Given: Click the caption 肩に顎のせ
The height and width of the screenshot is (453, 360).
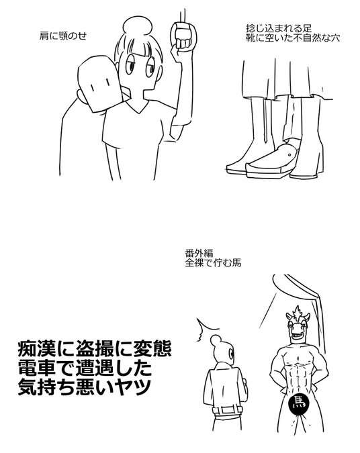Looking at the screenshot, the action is [x=63, y=36].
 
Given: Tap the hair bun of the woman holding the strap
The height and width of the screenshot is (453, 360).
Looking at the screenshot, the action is [x=138, y=26].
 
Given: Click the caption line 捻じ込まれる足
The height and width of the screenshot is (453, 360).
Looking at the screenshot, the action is [x=279, y=29].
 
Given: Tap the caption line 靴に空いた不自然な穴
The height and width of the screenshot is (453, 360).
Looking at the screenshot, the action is [x=293, y=38].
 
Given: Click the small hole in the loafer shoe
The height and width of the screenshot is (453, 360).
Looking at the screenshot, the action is [x=290, y=155].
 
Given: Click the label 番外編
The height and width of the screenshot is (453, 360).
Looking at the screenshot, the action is [x=199, y=254].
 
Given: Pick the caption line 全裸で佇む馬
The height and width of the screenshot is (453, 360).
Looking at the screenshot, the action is [x=213, y=263].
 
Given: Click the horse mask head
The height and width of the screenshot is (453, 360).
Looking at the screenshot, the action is [x=298, y=323].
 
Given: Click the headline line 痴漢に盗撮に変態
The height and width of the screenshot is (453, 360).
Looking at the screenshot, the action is [x=95, y=349].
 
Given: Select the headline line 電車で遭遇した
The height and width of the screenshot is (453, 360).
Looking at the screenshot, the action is [x=85, y=368].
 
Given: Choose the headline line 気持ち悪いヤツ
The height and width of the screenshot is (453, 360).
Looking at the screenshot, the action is [x=85, y=387].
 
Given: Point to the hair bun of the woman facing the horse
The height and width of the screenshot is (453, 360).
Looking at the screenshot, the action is [x=216, y=341].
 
